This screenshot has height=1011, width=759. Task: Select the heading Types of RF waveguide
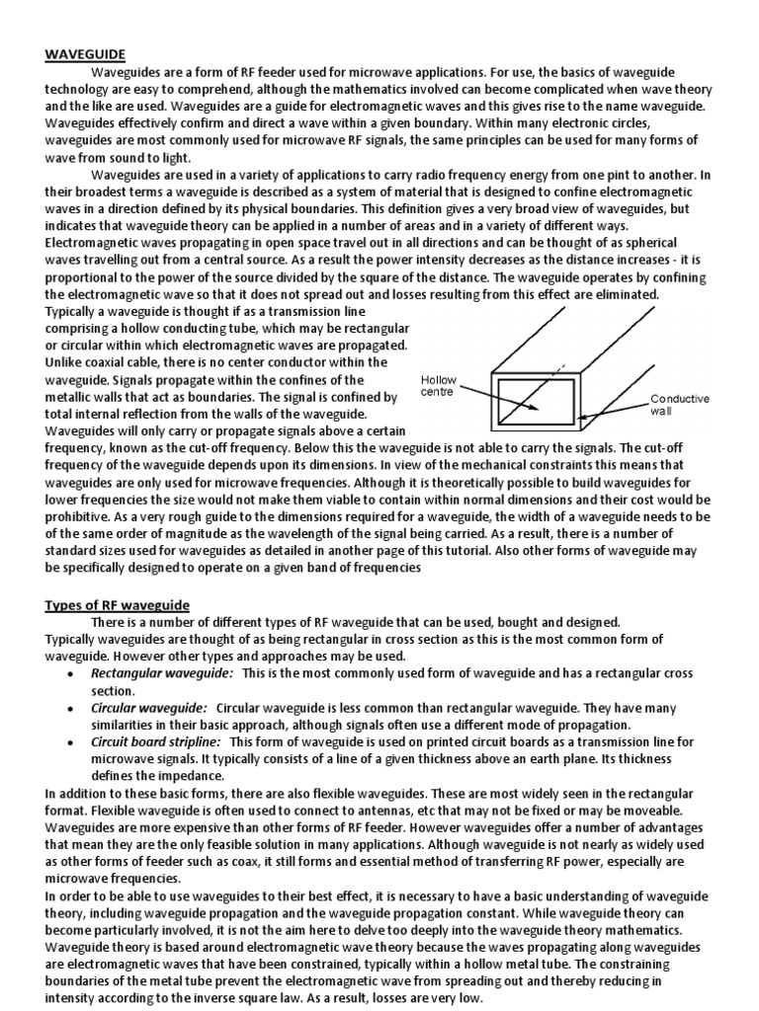coord(118,604)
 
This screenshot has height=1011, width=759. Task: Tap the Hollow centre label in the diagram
coord(438,386)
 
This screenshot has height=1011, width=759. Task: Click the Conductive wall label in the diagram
coord(679,405)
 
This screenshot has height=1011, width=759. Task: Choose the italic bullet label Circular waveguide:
coord(149,708)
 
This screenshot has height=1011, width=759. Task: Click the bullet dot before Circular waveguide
coord(68,709)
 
